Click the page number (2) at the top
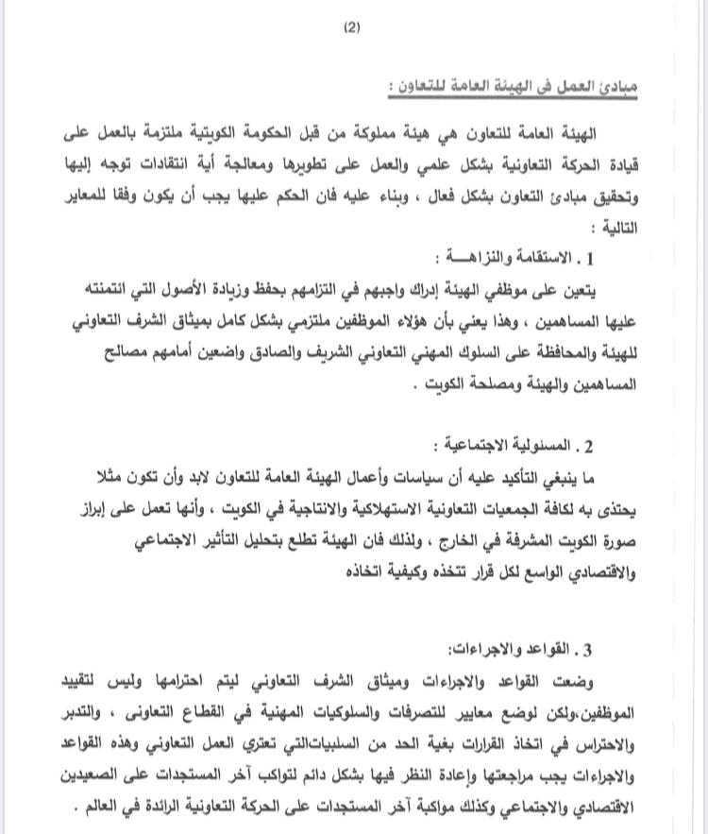tap(351, 28)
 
